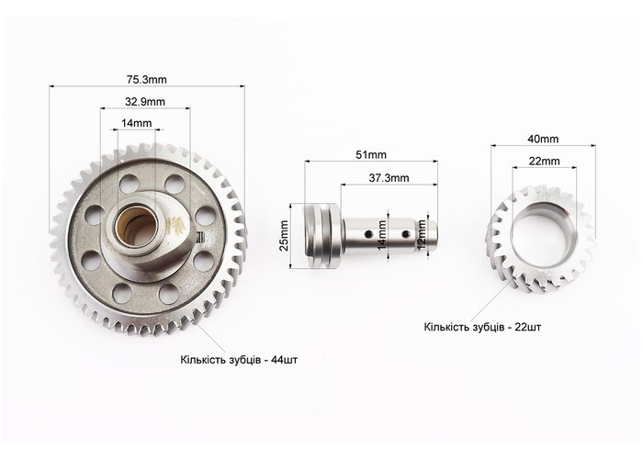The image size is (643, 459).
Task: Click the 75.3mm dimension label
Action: [146, 79]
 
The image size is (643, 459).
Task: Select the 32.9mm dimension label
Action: [145, 101]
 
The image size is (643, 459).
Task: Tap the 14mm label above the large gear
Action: [137, 123]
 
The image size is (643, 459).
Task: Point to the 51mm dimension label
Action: [371, 155]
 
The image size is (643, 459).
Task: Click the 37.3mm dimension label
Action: [389, 178]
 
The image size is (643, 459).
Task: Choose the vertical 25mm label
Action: [283, 235]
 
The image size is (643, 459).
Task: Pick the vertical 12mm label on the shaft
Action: [421, 235]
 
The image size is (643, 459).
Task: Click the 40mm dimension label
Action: [543, 139]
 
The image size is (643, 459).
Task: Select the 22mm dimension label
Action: [544, 162]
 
